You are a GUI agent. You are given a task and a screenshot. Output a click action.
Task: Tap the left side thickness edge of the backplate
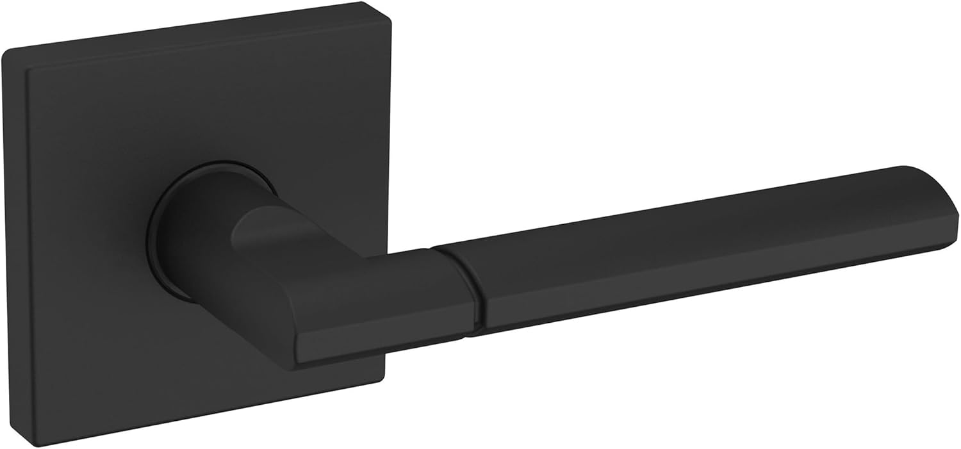pos(14,243)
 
